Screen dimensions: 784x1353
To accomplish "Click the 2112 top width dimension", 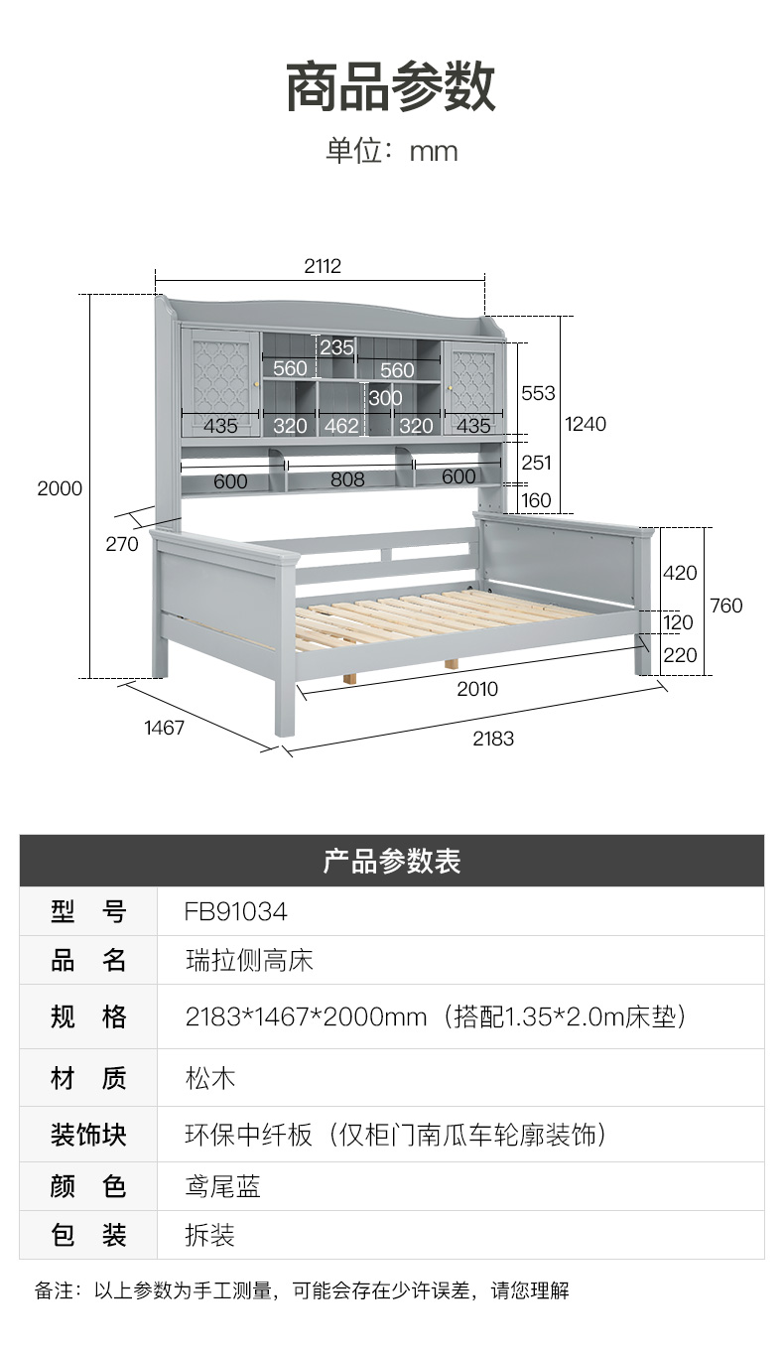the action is point(323,266).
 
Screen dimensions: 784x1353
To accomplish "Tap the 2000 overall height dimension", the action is point(60,488).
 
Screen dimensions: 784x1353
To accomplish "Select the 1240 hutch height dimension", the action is point(586,424).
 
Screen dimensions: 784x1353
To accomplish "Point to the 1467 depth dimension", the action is point(165,728).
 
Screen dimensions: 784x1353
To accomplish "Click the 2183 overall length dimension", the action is point(493,739).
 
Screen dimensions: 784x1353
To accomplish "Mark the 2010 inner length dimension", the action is point(477,689).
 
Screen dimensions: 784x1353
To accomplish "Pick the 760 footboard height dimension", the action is point(726,606).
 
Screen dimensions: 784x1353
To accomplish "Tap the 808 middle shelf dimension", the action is point(347,479).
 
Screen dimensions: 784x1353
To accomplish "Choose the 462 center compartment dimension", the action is point(341,426).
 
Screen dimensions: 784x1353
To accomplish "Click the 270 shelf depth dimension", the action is point(122,543).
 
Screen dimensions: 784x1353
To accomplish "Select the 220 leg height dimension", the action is point(680,655).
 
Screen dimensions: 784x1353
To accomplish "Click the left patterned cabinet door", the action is point(220,376).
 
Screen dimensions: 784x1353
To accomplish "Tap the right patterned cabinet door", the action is point(472,376).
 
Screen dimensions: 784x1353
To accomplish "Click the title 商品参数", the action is point(391,86).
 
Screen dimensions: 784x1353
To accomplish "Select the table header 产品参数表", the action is point(391,861).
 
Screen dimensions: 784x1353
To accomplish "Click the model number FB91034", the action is point(235,911).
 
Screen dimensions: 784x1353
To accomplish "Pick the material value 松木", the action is point(210,1078).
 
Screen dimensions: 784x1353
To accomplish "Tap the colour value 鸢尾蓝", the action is point(223,1186).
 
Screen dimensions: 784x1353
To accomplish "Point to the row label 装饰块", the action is point(88,1134).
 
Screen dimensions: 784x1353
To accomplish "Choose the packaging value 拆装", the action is point(210,1235).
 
